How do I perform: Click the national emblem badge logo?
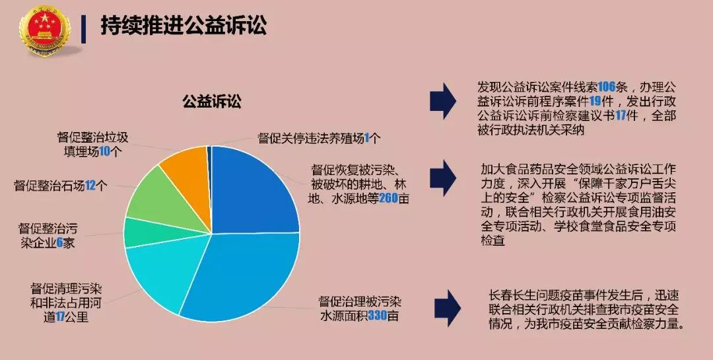click(45, 30)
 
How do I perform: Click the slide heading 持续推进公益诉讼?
click(184, 25)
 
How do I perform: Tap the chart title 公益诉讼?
click(212, 101)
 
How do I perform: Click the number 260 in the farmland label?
click(388, 198)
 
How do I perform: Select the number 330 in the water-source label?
click(378, 315)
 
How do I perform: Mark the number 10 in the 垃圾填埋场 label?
click(105, 152)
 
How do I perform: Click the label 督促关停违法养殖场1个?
click(320, 138)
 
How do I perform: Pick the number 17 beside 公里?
click(61, 317)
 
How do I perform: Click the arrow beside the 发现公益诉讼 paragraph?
click(443, 101)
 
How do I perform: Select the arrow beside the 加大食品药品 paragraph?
click(443, 178)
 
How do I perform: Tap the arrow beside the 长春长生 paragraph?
click(448, 308)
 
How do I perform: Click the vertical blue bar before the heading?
click(84, 29)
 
